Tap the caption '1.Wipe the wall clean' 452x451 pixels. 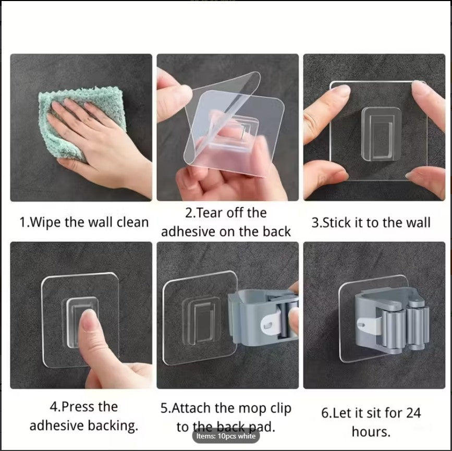pyautogui.click(x=83, y=222)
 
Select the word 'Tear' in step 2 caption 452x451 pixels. pyautogui.click(x=211, y=213)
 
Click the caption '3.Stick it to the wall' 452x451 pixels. pyautogui.click(x=371, y=223)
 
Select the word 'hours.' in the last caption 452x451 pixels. pyautogui.click(x=371, y=431)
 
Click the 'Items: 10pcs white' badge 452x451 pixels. pyautogui.click(x=226, y=436)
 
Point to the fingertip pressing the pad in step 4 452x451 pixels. pyautogui.click(x=89, y=319)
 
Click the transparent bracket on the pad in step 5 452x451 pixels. pyautogui.click(x=200, y=319)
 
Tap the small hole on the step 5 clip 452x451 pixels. pyautogui.click(x=267, y=326)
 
